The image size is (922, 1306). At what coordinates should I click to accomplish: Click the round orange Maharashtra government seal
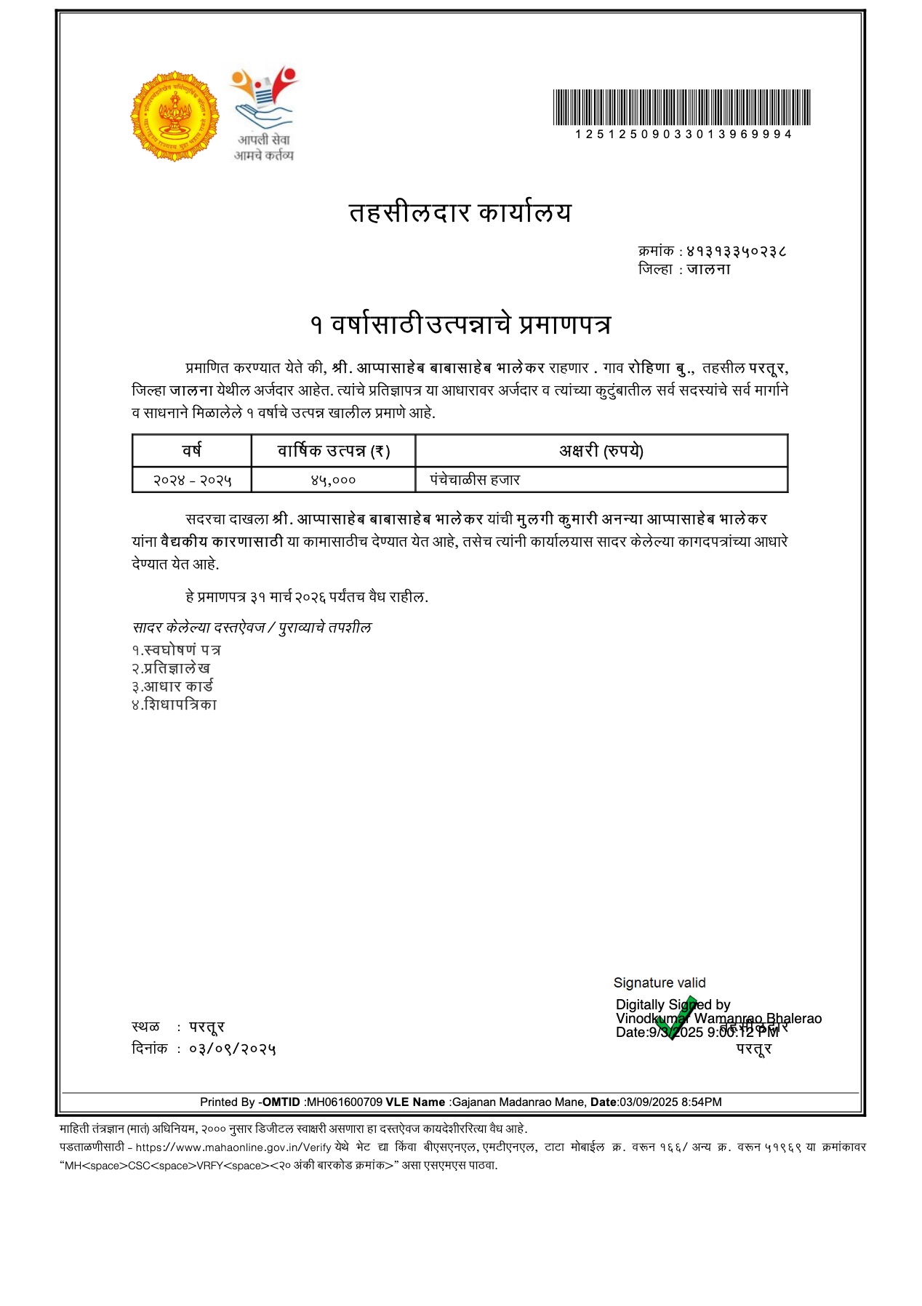click(175, 116)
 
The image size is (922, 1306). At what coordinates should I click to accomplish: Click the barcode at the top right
click(681, 108)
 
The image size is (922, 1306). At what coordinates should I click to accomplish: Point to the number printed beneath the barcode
click(683, 135)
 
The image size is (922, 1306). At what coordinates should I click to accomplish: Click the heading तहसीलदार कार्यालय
click(460, 213)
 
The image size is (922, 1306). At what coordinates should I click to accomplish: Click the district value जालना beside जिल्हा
click(708, 269)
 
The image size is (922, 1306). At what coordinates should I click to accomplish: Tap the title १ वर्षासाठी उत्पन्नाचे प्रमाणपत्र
click(460, 324)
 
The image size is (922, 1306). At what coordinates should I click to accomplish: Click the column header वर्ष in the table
click(192, 451)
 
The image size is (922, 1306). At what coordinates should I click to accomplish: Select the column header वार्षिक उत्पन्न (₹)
click(334, 451)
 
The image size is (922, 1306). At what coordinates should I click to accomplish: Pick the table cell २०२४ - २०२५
click(192, 480)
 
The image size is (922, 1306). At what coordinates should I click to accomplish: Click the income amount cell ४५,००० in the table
click(334, 480)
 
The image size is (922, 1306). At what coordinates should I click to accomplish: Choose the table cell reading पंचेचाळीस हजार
click(475, 480)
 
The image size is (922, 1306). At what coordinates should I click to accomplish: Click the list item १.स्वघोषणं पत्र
click(176, 649)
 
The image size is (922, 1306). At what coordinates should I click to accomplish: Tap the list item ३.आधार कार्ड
click(172, 686)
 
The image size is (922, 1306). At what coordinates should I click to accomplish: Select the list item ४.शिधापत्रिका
click(175, 705)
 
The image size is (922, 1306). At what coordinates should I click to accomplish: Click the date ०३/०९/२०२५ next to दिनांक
click(233, 1049)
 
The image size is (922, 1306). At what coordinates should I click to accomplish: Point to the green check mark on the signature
click(675, 1018)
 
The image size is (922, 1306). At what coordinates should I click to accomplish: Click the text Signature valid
click(660, 983)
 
